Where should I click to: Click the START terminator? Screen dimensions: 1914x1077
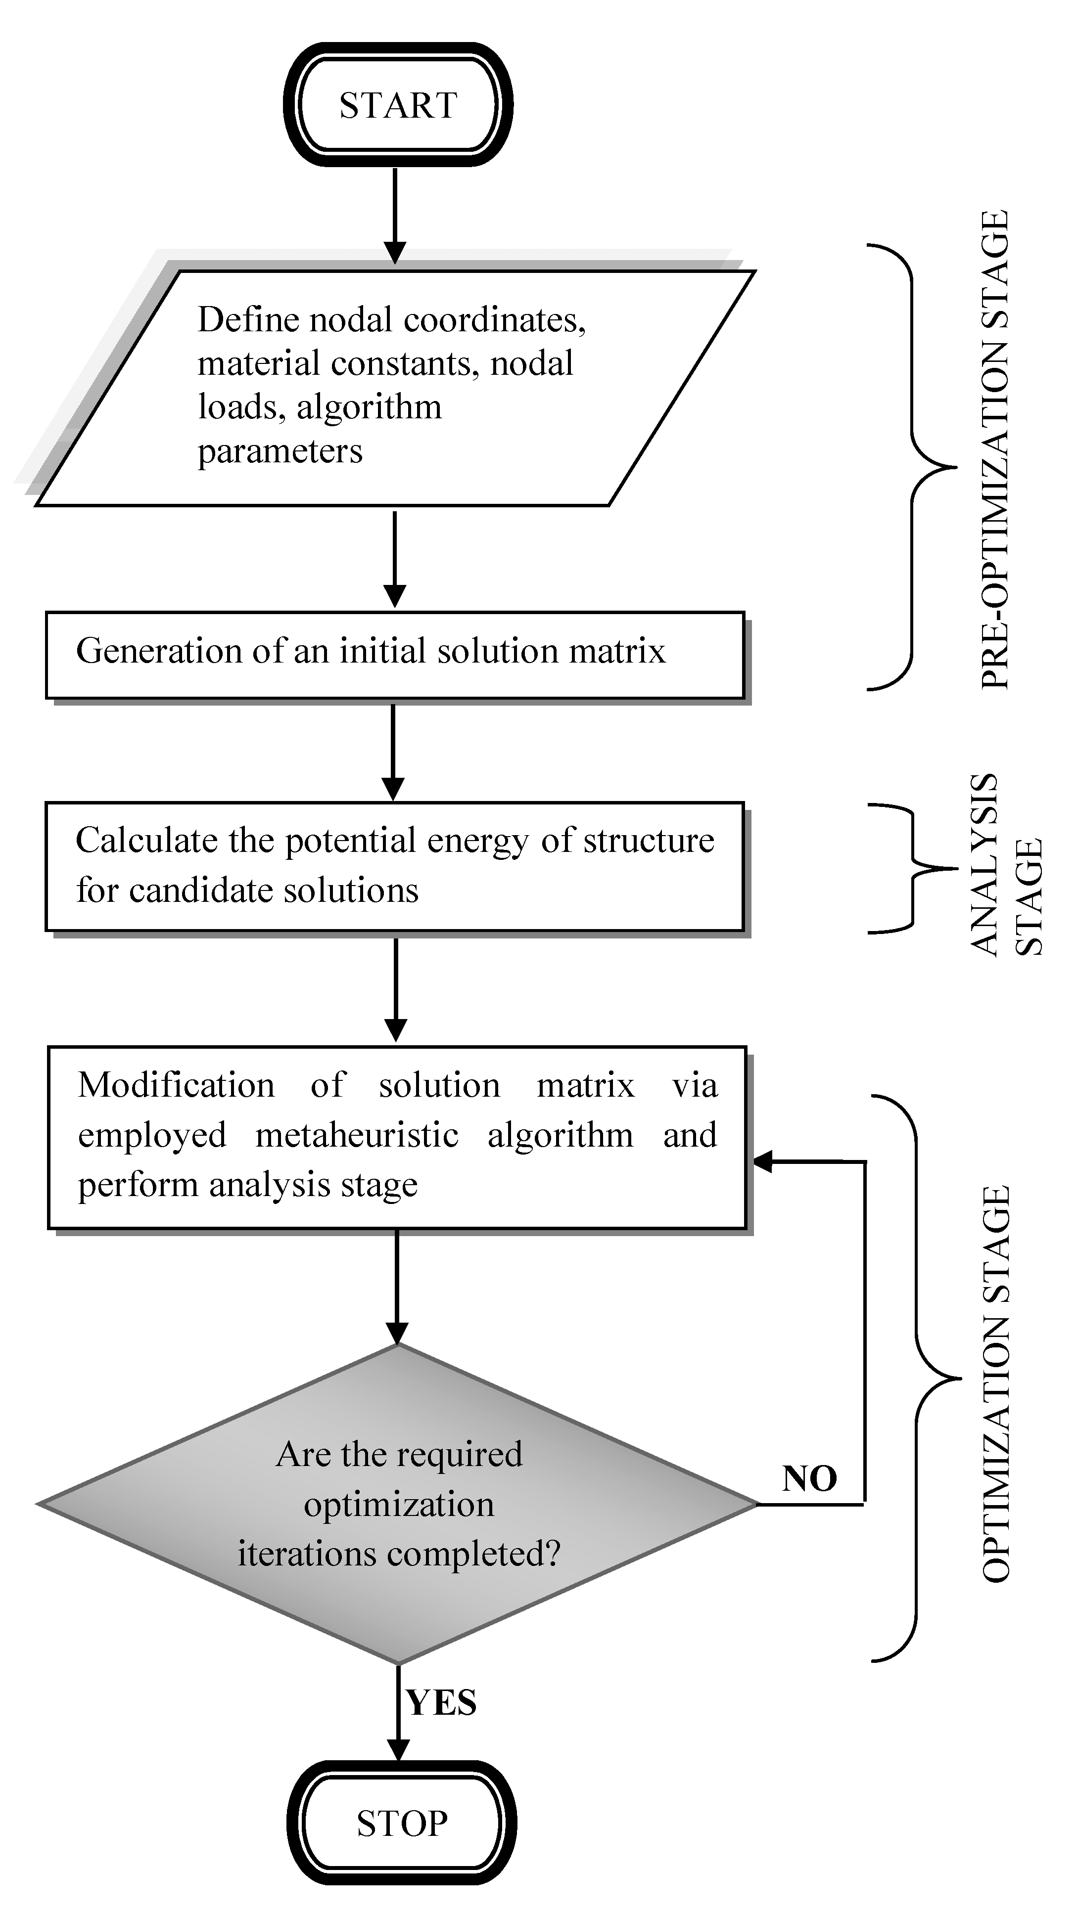click(x=398, y=105)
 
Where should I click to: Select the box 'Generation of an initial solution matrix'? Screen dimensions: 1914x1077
click(x=395, y=655)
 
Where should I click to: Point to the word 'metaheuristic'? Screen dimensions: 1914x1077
click(x=357, y=1135)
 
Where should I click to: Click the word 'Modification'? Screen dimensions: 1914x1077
click(x=176, y=1085)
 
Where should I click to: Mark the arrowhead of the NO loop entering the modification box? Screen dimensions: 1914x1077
click(x=762, y=1162)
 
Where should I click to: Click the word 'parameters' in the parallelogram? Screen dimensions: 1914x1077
click(x=280, y=451)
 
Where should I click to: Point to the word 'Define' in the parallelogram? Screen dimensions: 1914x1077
click(x=248, y=320)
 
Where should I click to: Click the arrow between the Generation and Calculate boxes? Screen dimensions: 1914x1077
click(x=393, y=751)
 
